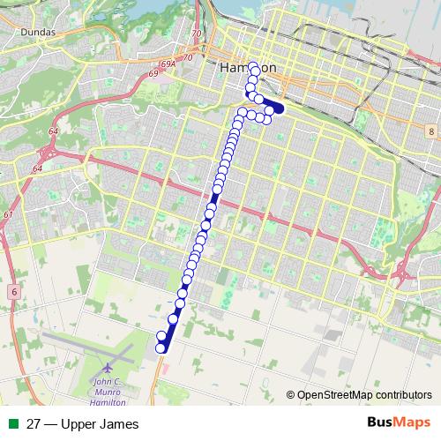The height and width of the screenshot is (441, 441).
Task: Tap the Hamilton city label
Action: [248, 68]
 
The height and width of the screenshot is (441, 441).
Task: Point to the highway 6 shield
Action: [15, 289]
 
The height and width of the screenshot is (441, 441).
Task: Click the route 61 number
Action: [8, 214]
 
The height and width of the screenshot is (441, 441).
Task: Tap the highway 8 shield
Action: [430, 131]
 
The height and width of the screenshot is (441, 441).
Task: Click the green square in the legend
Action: [11, 424]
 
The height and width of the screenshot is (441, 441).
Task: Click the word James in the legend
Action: [120, 424]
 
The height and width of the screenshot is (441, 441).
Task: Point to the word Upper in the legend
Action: [79, 424]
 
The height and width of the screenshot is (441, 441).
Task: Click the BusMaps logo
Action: [398, 423]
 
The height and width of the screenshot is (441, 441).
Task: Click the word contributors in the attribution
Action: [403, 395]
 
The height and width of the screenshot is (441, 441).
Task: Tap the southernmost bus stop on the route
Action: [161, 348]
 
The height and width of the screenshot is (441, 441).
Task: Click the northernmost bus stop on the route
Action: [253, 65]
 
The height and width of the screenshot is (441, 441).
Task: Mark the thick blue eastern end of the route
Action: [279, 108]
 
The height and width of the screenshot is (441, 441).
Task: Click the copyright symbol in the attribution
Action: [291, 395]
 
